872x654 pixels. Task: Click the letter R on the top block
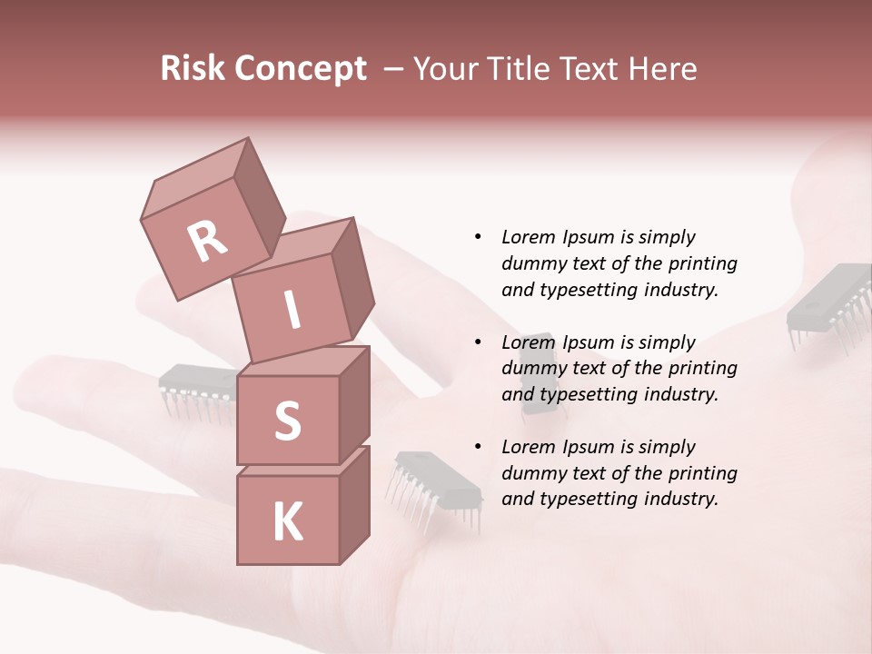(x=208, y=241)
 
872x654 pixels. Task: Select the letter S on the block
(x=287, y=421)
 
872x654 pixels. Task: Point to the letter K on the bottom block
(x=287, y=522)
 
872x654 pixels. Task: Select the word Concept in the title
(x=299, y=69)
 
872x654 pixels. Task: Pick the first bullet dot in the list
(x=478, y=237)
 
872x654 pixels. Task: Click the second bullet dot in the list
(x=478, y=342)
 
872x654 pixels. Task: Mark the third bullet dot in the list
(x=478, y=447)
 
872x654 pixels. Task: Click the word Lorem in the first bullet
(x=528, y=237)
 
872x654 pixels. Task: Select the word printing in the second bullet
(x=701, y=369)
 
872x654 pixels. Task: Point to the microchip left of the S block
(x=198, y=387)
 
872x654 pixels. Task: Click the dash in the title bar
(x=394, y=69)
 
